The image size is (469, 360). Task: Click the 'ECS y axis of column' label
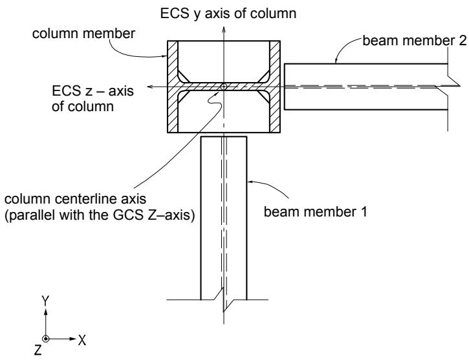[228, 14]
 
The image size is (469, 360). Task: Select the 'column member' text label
[83, 34]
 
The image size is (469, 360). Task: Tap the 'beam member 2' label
[415, 40]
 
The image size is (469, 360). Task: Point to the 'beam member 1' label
[315, 212]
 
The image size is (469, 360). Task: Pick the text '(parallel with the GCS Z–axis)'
[100, 215]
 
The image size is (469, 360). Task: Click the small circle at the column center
[223, 87]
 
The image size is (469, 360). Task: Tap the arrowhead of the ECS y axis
[223, 29]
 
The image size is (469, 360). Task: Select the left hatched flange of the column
[173, 87]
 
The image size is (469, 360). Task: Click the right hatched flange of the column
[274, 87]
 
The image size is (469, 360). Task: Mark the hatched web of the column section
[223, 87]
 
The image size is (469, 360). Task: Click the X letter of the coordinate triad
[82, 340]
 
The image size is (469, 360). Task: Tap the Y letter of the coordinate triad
[45, 301]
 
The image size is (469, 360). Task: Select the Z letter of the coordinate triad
[38, 350]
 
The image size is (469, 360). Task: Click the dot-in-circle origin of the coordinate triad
[45, 339]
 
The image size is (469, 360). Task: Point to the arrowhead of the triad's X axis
[73, 339]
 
